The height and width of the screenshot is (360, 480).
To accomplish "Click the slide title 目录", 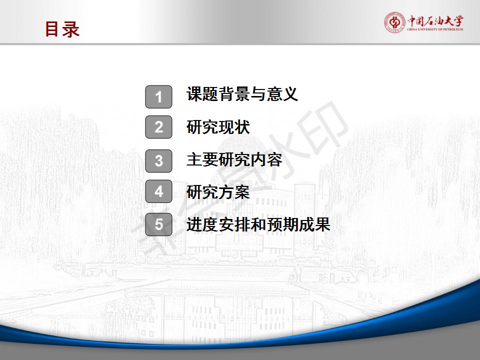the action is click(62, 29).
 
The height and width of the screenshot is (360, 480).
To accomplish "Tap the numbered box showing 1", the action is click(158, 96).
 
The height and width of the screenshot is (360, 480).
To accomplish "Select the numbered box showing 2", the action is click(158, 127).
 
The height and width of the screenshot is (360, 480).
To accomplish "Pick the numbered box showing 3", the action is click(158, 161).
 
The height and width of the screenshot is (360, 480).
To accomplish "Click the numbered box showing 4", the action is click(158, 191).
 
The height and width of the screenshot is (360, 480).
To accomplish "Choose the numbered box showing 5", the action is click(158, 224).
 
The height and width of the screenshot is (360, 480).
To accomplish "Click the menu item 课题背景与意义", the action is click(242, 93).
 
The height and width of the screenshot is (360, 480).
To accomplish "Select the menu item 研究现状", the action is click(218, 127).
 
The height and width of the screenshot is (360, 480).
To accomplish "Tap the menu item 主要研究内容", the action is click(234, 160).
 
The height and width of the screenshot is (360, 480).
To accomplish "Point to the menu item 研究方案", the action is click(218, 192).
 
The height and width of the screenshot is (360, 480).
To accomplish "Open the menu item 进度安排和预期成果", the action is click(258, 224).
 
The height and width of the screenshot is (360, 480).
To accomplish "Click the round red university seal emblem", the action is click(394, 22).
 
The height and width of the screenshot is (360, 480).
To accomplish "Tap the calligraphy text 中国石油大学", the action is click(435, 21).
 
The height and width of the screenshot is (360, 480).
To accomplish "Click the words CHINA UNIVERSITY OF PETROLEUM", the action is click(435, 29).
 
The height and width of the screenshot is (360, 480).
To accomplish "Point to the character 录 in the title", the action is click(71, 29).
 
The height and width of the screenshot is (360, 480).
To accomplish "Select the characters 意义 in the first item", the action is click(282, 93).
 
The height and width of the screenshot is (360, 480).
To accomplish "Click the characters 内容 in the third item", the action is click(266, 160).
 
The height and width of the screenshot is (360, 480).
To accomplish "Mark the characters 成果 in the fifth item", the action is click(314, 224).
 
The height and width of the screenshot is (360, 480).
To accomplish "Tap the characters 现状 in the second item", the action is click(234, 127).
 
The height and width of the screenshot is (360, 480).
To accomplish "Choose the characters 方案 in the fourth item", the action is click(234, 192).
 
